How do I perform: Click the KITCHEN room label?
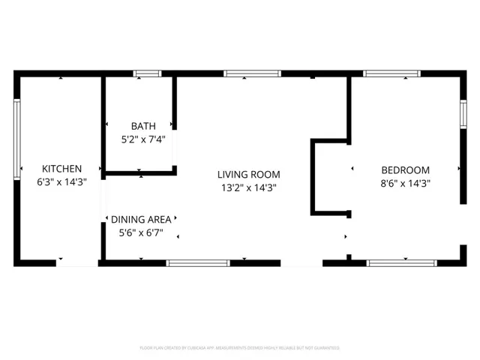[x=61, y=169]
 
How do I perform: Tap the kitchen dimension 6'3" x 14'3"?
[x=61, y=182]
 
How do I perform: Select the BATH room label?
[x=143, y=126]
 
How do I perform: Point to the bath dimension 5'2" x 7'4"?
[x=143, y=139]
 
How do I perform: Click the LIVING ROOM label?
[x=249, y=174]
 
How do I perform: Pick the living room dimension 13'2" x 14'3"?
[x=249, y=187]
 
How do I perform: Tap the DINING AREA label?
[x=141, y=219]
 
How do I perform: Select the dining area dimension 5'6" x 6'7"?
[x=141, y=232]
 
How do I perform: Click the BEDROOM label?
[x=406, y=169]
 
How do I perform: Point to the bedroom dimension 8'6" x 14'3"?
[x=406, y=182]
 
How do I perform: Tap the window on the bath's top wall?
[x=147, y=73]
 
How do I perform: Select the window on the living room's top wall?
[x=253, y=73]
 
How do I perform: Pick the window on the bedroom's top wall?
[x=391, y=73]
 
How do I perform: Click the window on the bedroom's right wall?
[x=463, y=115]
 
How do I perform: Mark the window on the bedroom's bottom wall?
[x=400, y=262]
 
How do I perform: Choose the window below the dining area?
[x=198, y=262]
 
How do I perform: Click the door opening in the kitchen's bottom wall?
[x=76, y=262]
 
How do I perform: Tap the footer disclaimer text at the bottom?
[x=240, y=348]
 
